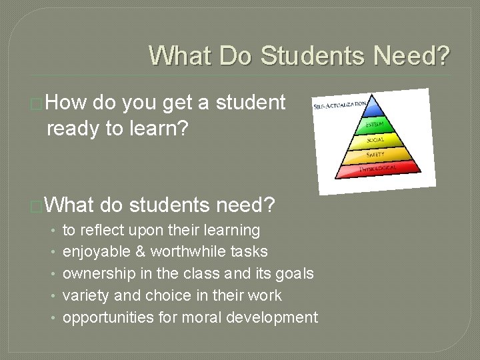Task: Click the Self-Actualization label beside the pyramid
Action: click(x=337, y=105)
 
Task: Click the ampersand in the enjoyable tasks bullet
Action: click(x=141, y=252)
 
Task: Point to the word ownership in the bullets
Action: click(x=93, y=273)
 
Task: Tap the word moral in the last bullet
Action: click(x=199, y=317)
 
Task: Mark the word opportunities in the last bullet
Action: click(x=106, y=317)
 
